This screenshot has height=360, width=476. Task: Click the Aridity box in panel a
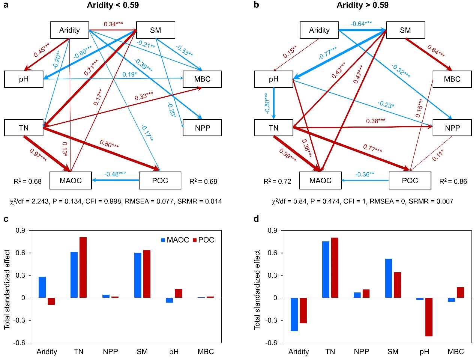pyautogui.click(x=69, y=30)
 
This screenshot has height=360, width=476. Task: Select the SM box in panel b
pyautogui.click(x=405, y=30)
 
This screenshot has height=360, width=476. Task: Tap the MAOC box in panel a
pyautogui.click(x=71, y=181)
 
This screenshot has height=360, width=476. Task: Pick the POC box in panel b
pyautogui.click(x=410, y=181)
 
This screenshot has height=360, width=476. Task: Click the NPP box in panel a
pyautogui.click(x=202, y=128)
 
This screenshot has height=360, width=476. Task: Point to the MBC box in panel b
pyautogui.click(x=452, y=79)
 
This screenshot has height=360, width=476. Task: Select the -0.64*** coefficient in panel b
pyautogui.click(x=361, y=24)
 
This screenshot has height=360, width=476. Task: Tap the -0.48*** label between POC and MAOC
pyautogui.click(x=115, y=174)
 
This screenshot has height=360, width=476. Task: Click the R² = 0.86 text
pyautogui.click(x=453, y=182)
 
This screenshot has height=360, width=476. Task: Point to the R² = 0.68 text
pyautogui.click(x=27, y=182)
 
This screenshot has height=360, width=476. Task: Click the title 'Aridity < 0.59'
pyautogui.click(x=113, y=5)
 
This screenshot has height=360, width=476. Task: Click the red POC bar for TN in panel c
pyautogui.click(x=83, y=267)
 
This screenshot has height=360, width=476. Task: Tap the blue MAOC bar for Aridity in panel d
pyautogui.click(x=294, y=314)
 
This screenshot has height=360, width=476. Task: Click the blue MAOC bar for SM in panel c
pyautogui.click(x=138, y=275)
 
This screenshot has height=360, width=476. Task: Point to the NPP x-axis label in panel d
pyautogui.click(x=361, y=352)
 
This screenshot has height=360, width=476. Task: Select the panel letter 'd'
pyautogui.click(x=256, y=219)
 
